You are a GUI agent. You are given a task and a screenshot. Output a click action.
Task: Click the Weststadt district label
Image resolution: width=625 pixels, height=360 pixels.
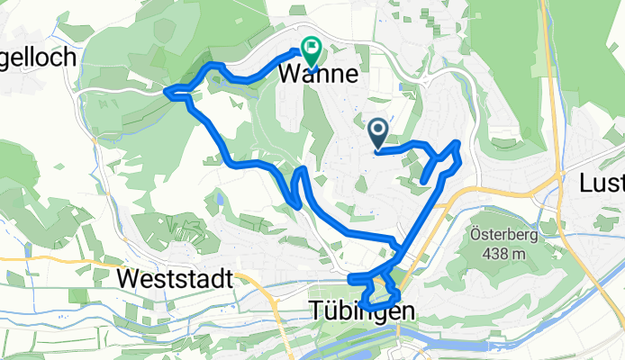(x=175, y=279)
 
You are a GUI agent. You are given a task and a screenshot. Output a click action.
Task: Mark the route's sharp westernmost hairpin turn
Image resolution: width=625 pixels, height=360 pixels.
(x=168, y=89)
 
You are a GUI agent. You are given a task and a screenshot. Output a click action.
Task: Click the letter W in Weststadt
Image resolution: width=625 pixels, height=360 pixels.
(x=127, y=279)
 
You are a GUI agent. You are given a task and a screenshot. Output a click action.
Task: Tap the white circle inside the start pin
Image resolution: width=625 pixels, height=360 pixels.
(x=378, y=131)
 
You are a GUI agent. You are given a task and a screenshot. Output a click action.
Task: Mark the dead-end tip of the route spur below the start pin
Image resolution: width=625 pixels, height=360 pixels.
(x=422, y=183)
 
